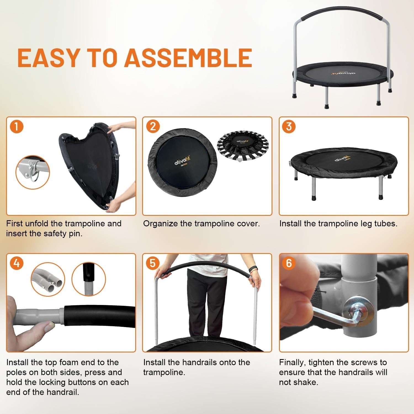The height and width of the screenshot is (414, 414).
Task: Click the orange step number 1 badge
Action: [16, 127]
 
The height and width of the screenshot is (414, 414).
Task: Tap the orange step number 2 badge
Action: [153, 127]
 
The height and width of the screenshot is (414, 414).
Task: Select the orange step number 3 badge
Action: [289, 127]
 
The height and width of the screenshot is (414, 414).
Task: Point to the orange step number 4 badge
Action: [16, 263]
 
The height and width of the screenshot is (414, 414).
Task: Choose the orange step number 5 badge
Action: [153, 263]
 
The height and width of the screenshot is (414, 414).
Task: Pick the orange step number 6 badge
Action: [289, 263]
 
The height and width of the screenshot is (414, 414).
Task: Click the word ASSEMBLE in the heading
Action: [188, 58]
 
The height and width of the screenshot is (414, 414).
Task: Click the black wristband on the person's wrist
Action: [253, 268]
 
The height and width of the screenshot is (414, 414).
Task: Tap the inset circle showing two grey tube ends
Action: [48, 279]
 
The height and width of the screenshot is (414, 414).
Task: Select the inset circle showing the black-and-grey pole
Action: [89, 279]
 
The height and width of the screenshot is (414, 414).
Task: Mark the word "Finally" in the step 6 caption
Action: [292, 362]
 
